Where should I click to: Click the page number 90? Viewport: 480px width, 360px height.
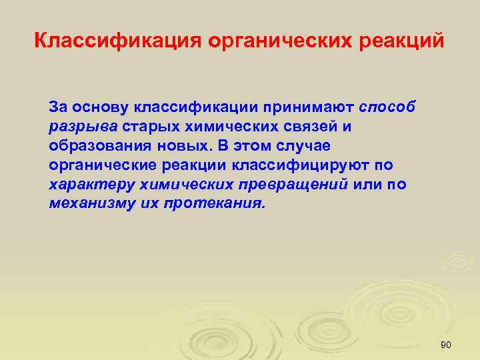[x=447, y=345]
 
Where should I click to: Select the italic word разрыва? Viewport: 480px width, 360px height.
[x=83, y=126]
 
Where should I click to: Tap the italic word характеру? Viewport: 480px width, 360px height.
[x=87, y=184]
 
